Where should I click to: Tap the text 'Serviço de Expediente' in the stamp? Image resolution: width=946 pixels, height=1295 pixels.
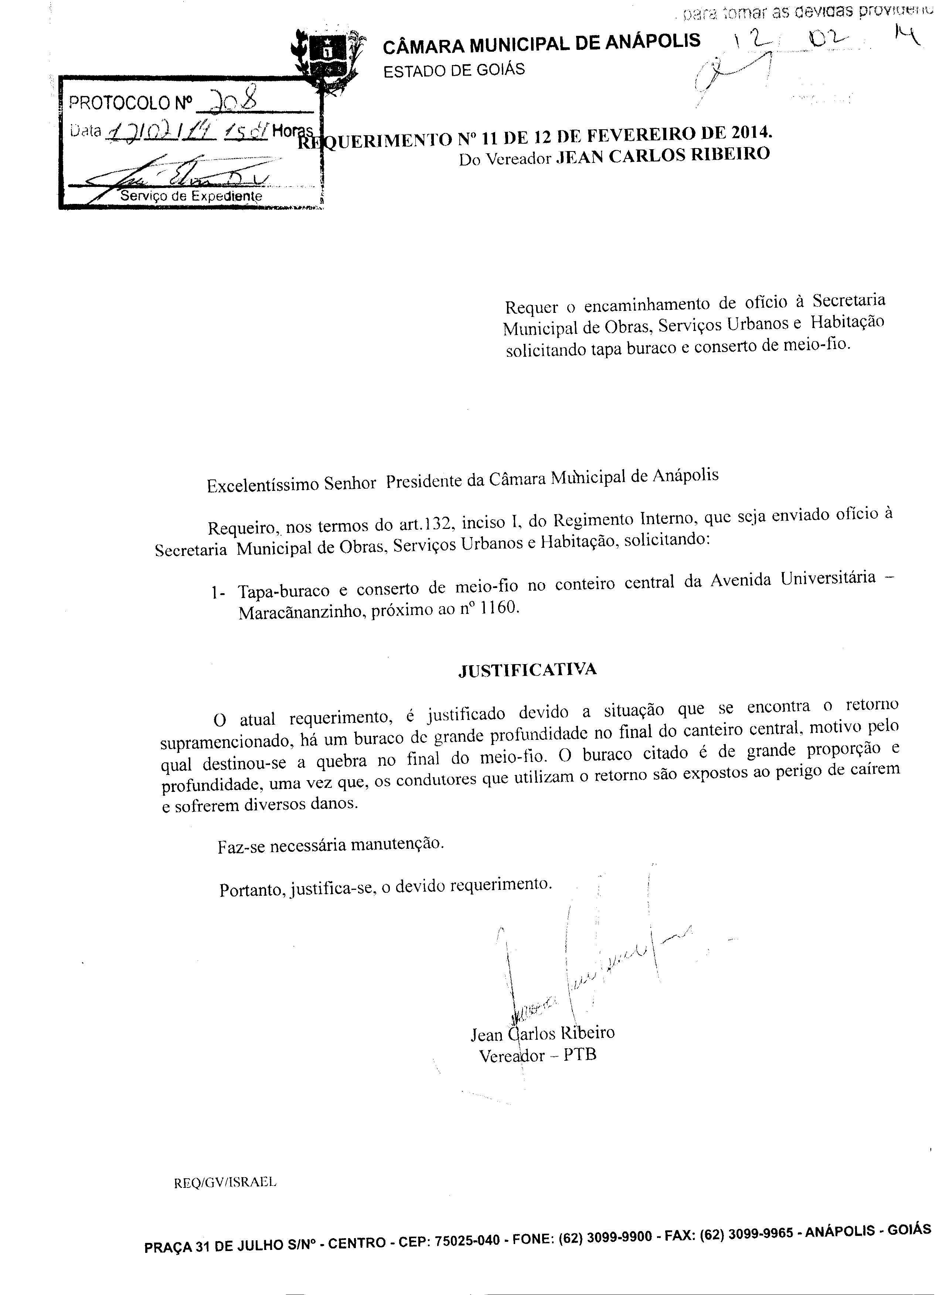191,196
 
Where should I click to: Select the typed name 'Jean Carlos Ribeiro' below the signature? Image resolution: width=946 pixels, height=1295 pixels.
542,1032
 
